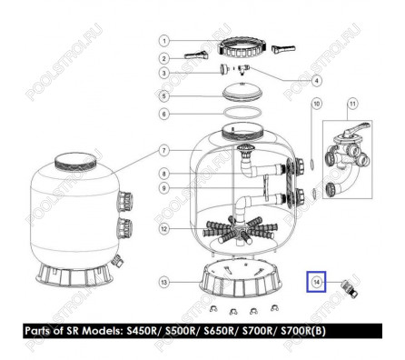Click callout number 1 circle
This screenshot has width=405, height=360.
point(164,41)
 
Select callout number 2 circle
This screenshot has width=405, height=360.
point(164,59)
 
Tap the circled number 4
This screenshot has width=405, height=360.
point(316,81)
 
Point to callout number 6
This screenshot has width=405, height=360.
point(164,114)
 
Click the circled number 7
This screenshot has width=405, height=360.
point(164,151)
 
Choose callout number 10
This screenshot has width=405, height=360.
point(316,104)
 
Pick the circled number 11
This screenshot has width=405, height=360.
point(353,104)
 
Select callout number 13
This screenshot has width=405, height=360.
point(163,283)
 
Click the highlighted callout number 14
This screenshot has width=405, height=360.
point(316,282)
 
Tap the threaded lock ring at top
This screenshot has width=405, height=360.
point(242,47)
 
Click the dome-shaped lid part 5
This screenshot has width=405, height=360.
point(242,91)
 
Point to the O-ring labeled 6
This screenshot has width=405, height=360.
point(242,112)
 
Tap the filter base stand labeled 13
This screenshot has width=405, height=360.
point(241,280)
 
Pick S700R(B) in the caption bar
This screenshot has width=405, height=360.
point(303,331)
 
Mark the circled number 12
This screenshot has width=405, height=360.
point(163,229)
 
